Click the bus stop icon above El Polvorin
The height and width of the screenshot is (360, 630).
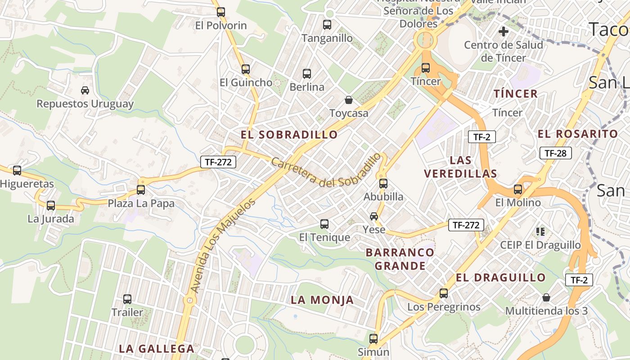[220, 12]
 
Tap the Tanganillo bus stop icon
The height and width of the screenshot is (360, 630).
[327, 25]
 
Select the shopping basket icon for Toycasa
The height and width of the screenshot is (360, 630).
[348, 99]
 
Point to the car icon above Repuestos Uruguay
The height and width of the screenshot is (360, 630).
[85, 90]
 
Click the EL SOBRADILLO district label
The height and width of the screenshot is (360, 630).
[289, 135]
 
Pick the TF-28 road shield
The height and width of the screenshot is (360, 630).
[555, 153]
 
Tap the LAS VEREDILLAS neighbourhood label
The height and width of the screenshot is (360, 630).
[460, 167]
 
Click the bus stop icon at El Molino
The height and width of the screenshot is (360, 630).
[518, 189]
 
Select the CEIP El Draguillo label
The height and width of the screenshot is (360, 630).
[540, 245]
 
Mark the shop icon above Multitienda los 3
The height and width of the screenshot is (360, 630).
[546, 297]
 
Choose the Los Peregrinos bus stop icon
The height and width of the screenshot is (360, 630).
[444, 293]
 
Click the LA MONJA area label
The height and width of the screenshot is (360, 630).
[322, 300]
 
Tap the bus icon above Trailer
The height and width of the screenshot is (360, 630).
[127, 299]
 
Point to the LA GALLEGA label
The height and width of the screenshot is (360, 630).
[157, 349]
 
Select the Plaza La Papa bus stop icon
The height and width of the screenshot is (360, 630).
[141, 190]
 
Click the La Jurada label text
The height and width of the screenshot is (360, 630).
[51, 219]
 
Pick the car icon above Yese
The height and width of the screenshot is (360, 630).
[374, 216]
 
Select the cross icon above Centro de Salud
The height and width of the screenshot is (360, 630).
[504, 32]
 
